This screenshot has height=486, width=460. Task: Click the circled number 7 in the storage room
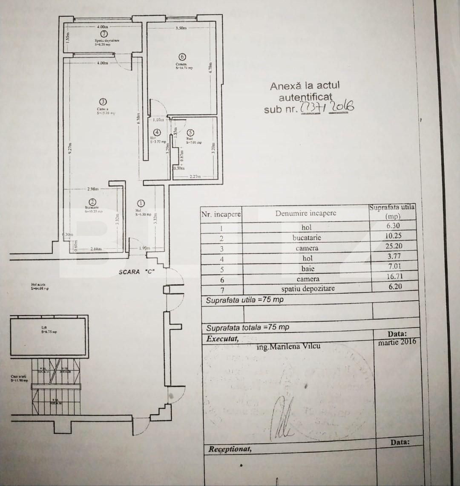tap(103, 34)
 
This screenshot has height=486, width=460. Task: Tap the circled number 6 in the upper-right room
tap(182, 57)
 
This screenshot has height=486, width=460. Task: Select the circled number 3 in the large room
tap(103, 102)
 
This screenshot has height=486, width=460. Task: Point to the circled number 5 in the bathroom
tap(190, 133)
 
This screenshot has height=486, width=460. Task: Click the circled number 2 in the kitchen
tap(92, 202)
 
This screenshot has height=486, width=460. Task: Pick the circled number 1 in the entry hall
tap(141, 204)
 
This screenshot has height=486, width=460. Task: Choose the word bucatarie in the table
tap(307, 237)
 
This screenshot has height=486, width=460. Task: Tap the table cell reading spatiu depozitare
tap(308, 289)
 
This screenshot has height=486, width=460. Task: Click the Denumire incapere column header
tap(305, 213)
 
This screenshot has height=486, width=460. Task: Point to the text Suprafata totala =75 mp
tap(247, 327)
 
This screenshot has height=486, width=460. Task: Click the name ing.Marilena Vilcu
tap(288, 347)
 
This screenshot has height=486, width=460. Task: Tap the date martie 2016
tap(397, 342)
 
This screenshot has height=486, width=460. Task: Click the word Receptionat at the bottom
tap(230, 449)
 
